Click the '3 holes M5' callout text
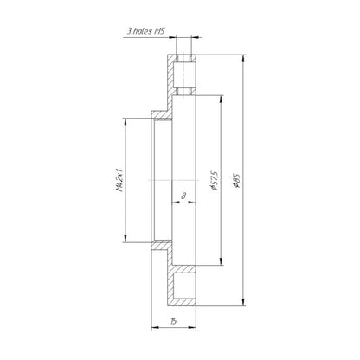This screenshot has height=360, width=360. coord(146,31)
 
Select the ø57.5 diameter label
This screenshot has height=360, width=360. coord(215,180)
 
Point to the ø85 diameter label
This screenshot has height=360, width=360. coord(237,180)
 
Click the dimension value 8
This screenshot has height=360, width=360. coord(183,196)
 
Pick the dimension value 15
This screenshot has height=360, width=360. coord(173,321)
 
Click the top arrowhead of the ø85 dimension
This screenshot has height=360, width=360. coord(244,58)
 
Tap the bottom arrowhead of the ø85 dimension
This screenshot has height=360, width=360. coord(244,303)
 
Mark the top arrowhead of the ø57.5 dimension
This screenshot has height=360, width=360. coord(222,99)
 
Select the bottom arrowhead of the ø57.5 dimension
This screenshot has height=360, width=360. coord(222,261)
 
